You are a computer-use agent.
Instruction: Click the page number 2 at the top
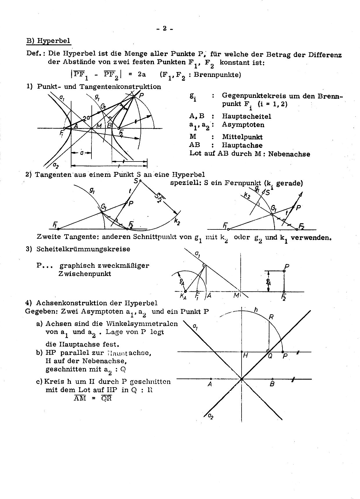pyautogui.click(x=164, y=28)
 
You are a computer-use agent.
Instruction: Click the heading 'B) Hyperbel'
pyautogui.click(x=48, y=41)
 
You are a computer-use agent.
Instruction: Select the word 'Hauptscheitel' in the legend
pyautogui.click(x=246, y=116)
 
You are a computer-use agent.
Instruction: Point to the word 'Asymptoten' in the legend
pyautogui.click(x=243, y=125)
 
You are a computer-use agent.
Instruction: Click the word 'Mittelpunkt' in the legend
pyautogui.click(x=242, y=137)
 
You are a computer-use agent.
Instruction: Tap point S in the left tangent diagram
pyautogui.click(x=140, y=181)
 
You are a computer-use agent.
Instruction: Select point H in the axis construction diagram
pyautogui.click(x=242, y=352)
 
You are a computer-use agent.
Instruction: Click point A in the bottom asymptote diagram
pyautogui.click(x=211, y=379)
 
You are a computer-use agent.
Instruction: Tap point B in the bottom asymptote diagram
pyautogui.click(x=272, y=379)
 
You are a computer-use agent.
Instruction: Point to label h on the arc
pyautogui.click(x=256, y=310)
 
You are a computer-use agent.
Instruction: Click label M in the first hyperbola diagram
pyautogui.click(x=99, y=125)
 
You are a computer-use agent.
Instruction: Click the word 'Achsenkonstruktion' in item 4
pyautogui.click(x=72, y=303)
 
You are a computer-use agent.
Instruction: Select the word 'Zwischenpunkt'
pyautogui.click(x=84, y=274)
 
